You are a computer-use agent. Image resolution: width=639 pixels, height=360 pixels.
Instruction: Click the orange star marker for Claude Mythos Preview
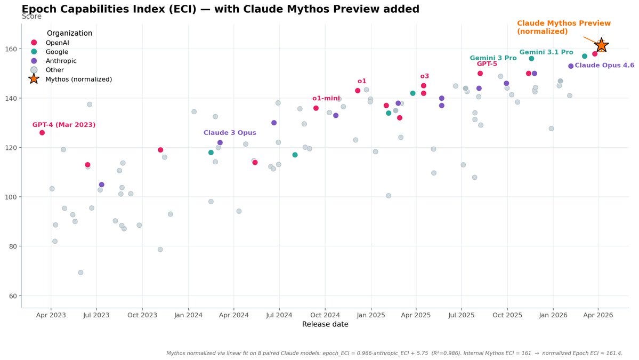601,45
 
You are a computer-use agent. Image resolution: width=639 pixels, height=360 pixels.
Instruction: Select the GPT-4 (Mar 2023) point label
64,125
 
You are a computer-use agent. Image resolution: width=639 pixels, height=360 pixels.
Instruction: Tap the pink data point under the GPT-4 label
42,133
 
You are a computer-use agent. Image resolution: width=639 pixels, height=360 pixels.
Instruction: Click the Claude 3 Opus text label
230,133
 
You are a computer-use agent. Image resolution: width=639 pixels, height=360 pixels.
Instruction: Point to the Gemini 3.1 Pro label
546,52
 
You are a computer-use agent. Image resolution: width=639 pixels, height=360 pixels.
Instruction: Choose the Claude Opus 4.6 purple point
571,66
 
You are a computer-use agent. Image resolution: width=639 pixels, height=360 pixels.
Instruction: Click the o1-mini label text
326,98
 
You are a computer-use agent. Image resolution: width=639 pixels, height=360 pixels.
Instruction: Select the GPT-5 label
487,64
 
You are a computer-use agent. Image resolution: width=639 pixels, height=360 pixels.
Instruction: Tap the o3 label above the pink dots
424,76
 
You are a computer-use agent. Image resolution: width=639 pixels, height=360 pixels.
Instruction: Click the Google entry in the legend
56,52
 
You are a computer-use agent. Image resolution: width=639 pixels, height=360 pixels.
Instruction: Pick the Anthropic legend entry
61,61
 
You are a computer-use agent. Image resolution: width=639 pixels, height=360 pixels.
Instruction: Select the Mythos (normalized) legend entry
78,79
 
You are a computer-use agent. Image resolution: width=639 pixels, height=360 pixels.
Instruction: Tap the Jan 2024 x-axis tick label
188,315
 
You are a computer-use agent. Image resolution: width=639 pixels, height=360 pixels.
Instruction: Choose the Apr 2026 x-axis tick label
598,315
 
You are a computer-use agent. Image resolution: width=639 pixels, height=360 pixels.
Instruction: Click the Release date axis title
325,324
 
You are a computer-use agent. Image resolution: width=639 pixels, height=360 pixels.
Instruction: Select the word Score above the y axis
31,17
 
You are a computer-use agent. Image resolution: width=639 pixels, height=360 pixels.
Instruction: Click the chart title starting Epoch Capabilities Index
220,9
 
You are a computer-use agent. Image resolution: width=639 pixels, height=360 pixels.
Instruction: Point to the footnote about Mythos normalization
394,353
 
